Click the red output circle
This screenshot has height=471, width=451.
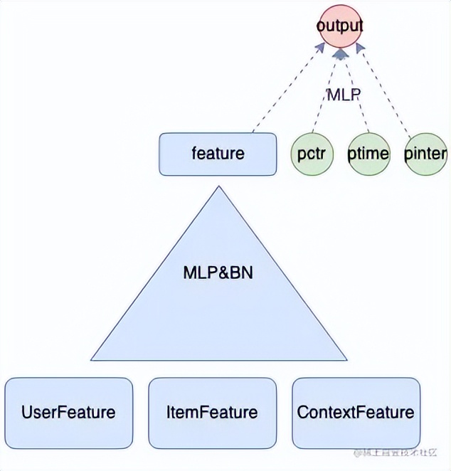[x=340, y=26]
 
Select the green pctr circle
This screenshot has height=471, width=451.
[x=311, y=154]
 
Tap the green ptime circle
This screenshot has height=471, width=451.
[x=368, y=154]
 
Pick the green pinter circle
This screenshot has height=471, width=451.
[x=425, y=154]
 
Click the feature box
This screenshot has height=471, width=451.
[x=218, y=154]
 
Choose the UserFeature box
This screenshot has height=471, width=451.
[x=68, y=413]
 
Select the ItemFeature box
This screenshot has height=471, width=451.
[x=212, y=413]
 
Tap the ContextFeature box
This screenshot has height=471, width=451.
[x=356, y=413]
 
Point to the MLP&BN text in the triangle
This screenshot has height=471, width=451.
[x=218, y=272]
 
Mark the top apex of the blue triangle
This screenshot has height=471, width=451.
[x=218, y=188]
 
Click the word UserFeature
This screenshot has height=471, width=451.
[x=68, y=413]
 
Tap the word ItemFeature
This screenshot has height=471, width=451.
[x=212, y=413]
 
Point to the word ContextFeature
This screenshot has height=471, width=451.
[x=356, y=413]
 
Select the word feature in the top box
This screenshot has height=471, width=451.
[x=218, y=154]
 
